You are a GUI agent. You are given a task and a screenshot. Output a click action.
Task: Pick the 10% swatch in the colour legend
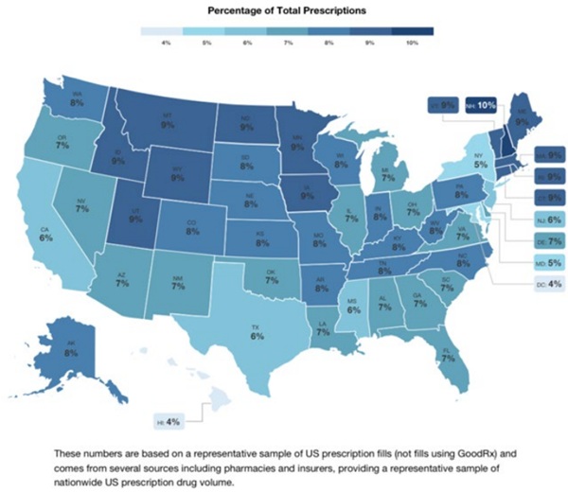pyautogui.click(x=412, y=36)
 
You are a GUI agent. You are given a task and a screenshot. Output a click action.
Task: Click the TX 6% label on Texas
pyautogui.click(x=257, y=330)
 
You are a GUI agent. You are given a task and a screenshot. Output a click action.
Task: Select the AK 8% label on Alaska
pyautogui.click(x=71, y=347)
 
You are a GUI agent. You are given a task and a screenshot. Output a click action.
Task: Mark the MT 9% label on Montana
pyautogui.click(x=168, y=120)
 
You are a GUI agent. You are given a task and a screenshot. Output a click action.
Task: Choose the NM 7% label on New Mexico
pyautogui.click(x=177, y=279)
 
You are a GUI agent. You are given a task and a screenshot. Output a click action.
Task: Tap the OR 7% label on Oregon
pyautogui.click(x=62, y=144)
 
